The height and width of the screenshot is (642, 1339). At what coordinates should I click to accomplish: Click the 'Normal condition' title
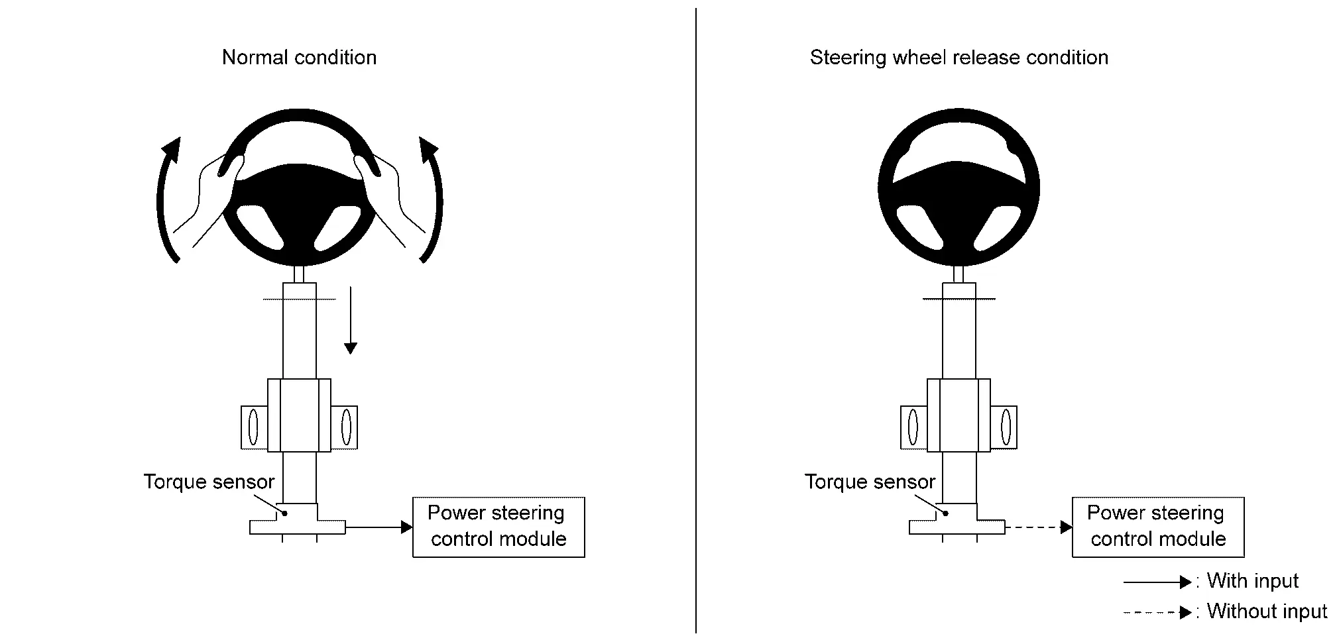299,58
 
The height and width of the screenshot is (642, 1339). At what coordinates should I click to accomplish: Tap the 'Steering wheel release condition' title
959,58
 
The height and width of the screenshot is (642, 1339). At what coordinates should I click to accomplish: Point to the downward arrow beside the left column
350,320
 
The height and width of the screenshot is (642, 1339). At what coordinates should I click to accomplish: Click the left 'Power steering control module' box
498,527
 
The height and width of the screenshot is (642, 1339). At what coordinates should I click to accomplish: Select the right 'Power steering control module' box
1158,527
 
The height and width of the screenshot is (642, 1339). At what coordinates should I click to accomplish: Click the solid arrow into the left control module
378,527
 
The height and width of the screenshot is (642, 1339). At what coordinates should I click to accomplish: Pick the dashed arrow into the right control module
1039,527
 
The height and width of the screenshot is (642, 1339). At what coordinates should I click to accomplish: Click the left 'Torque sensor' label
209,482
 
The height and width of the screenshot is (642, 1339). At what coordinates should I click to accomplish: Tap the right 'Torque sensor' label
870,482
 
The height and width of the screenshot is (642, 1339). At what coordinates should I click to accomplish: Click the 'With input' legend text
1252,581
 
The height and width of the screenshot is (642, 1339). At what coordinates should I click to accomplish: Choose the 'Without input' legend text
1267,611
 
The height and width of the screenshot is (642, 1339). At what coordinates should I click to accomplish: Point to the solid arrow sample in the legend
1157,582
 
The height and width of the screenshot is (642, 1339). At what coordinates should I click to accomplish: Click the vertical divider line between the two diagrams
696,321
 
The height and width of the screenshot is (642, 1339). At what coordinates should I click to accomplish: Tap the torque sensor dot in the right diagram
946,513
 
